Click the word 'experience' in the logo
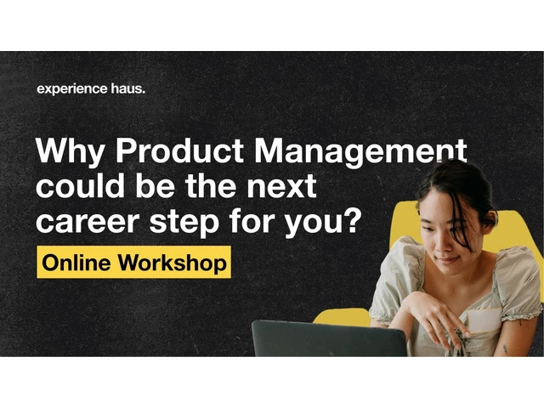(x=72, y=89)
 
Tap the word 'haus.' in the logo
(x=128, y=88)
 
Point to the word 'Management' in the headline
(x=360, y=151)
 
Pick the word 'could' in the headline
(x=80, y=185)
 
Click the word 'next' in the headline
(x=281, y=187)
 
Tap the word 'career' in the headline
(x=88, y=222)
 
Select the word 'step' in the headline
(x=184, y=223)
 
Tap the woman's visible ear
(x=490, y=219)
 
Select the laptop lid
(x=330, y=338)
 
